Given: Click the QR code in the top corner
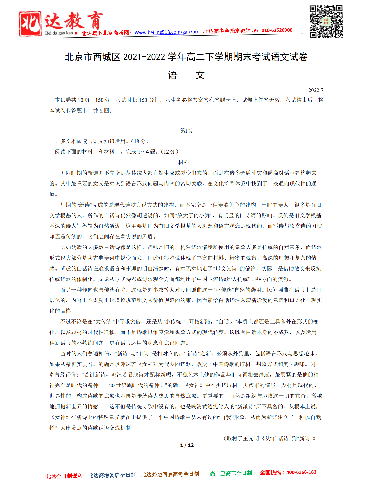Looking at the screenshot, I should (x=326, y=22).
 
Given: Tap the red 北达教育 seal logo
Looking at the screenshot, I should (x=30, y=23).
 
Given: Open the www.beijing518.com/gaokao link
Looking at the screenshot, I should (x=166, y=32).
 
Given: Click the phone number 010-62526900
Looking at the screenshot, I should (x=277, y=30).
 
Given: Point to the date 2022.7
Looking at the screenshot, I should (x=316, y=90).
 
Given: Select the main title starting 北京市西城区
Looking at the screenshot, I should (x=186, y=57).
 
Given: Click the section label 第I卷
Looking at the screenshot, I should (x=186, y=130).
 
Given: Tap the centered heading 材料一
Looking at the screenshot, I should (x=186, y=162).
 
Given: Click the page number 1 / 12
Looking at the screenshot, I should (x=187, y=445).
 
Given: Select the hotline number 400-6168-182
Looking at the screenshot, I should (x=301, y=472).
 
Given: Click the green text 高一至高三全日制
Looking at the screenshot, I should (x=231, y=473).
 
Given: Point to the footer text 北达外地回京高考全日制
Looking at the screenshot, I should (x=170, y=474).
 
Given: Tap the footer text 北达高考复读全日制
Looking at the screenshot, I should (x=112, y=475).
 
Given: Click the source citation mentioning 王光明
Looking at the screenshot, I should (x=272, y=438).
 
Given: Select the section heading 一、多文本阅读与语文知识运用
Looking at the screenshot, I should (x=99, y=141).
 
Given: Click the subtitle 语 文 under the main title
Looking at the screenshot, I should (x=186, y=75).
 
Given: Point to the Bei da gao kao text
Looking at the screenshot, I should (x=59, y=33).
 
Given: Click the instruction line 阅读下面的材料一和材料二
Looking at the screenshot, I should (x=116, y=152).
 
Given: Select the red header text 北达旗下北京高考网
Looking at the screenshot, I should (x=106, y=33).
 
